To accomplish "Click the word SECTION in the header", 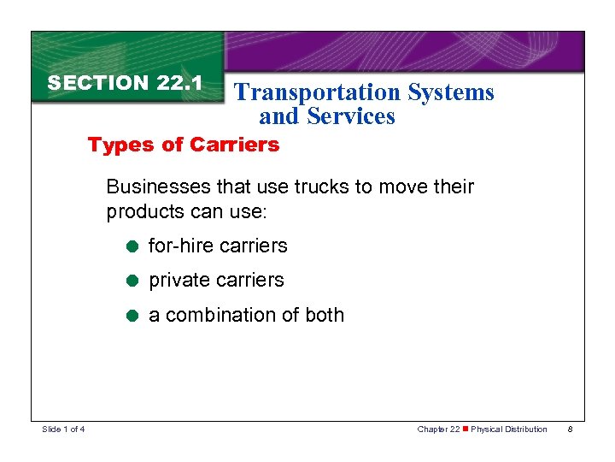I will click(x=98, y=83).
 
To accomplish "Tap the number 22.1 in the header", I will click(x=179, y=83).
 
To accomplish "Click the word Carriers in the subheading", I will click(x=234, y=145).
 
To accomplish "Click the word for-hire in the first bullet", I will click(x=180, y=246).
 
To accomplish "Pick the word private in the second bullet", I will click(x=179, y=281).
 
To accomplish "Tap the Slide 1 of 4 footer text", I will click(x=62, y=429).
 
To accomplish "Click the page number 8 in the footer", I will click(x=569, y=429).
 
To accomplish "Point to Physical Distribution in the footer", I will click(x=509, y=429).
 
